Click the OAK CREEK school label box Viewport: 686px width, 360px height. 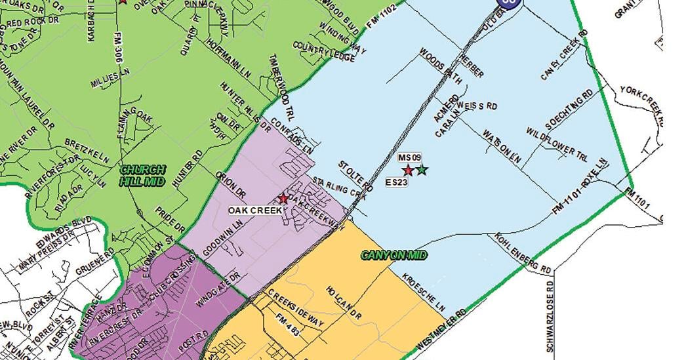(255, 210)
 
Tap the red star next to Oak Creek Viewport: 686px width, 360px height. (283, 198)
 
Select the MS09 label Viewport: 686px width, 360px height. (409, 159)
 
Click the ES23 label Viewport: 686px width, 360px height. (397, 182)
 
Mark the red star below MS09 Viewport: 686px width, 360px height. (407, 170)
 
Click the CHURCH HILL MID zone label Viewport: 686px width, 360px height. (143, 174)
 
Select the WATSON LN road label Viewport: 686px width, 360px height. (502, 147)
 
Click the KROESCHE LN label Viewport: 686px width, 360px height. (424, 292)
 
